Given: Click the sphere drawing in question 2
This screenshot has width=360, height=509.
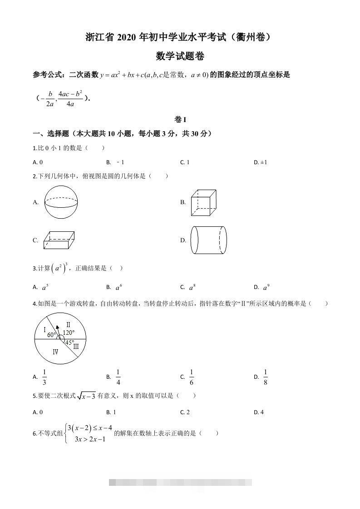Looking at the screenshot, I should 61,202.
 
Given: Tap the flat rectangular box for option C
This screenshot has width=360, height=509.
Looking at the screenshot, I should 59,240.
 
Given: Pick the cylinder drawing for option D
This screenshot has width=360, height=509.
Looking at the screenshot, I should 208,240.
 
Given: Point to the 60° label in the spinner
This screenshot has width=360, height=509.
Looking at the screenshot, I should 51,335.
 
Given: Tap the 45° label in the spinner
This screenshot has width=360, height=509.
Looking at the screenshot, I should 69,343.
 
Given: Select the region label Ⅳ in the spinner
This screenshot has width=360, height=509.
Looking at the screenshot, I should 55,352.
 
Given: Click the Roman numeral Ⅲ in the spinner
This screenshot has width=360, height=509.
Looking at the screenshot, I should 76,347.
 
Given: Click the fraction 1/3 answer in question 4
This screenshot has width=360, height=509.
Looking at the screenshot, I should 44,377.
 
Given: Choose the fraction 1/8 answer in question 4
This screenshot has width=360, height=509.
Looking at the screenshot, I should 266,377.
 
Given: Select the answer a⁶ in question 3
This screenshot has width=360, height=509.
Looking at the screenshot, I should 119,287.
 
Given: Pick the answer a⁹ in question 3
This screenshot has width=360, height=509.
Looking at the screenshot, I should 266,287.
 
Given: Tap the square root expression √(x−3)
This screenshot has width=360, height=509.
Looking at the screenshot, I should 86,396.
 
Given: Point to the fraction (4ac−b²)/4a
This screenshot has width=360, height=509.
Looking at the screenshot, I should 70,99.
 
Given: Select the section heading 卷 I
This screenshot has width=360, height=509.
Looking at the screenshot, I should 180,120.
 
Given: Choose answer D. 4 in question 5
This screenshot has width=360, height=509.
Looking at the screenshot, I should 259,412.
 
